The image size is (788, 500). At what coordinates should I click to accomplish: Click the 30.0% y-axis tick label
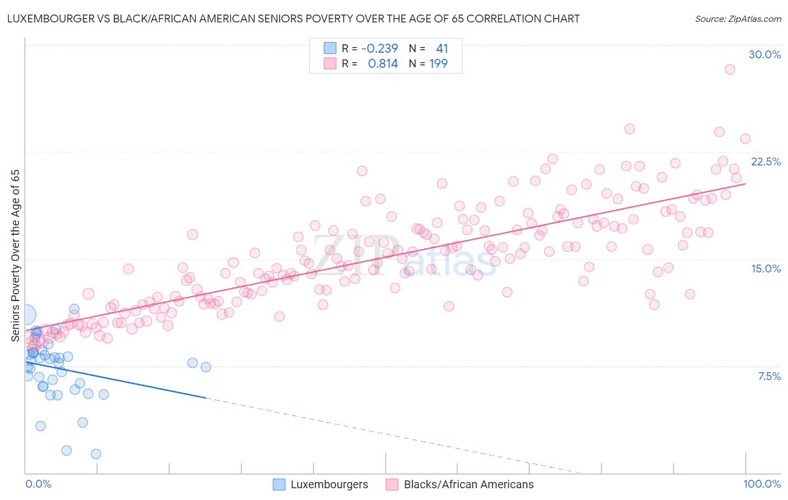click(x=764, y=54)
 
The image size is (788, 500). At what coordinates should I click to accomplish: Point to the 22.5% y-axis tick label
click(x=766, y=161)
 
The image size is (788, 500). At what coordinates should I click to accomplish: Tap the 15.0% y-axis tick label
click(x=766, y=268)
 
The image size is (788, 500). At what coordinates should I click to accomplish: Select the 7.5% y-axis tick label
click(x=769, y=376)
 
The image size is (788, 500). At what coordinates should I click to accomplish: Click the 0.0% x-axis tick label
click(x=38, y=484)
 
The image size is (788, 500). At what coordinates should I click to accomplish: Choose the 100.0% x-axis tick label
click(x=762, y=484)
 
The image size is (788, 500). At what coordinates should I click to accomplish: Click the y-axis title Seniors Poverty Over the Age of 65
click(x=15, y=256)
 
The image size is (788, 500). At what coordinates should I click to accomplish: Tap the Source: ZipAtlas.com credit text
click(x=738, y=18)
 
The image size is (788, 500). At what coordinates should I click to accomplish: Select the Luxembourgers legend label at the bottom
click(x=329, y=484)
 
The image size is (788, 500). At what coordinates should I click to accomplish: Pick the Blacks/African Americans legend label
click(x=469, y=484)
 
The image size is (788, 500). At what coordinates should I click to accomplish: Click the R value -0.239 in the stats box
click(x=379, y=48)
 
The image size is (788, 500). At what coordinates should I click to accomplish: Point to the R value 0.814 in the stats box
click(x=383, y=63)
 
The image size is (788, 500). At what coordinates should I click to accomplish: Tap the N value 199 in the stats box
click(x=438, y=63)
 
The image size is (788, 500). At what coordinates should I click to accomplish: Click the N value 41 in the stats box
click(x=442, y=48)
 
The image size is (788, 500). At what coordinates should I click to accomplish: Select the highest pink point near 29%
click(x=729, y=70)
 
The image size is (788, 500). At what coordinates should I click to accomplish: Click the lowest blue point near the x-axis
click(x=96, y=454)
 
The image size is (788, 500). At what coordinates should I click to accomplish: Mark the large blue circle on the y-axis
click(x=26, y=315)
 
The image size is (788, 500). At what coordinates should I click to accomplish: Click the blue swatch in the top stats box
click(x=330, y=48)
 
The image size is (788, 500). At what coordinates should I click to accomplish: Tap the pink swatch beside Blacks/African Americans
click(x=392, y=484)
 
